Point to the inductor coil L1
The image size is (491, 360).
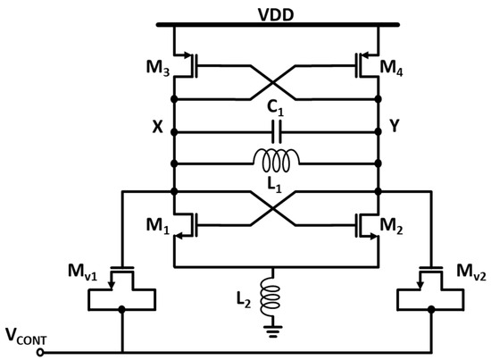(x=278, y=160)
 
